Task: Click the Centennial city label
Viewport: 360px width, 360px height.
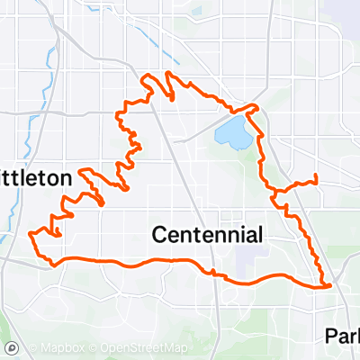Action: [207, 236]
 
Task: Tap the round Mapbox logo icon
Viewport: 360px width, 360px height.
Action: [13, 347]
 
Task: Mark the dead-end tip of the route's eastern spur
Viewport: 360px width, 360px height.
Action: [318, 175]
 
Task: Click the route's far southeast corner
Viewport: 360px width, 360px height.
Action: [329, 285]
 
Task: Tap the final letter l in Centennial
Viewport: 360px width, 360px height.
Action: [260, 235]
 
